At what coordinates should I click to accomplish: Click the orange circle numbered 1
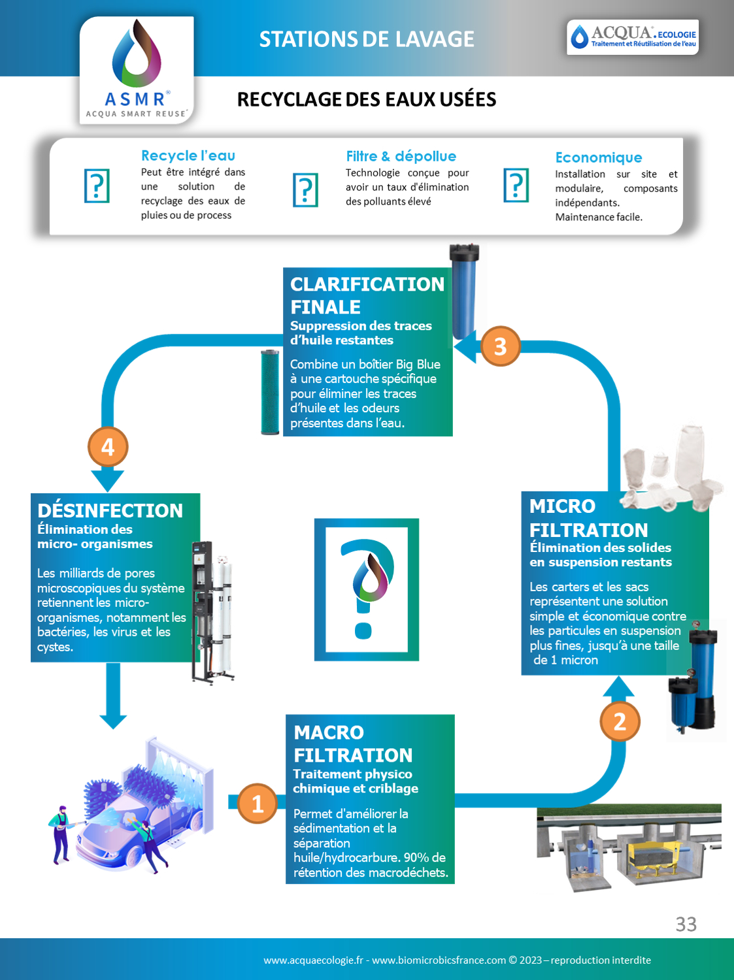[x=258, y=804]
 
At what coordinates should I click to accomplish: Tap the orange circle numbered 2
[x=620, y=721]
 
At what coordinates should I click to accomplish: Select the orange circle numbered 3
[x=500, y=346]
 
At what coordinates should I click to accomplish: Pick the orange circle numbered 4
[x=108, y=447]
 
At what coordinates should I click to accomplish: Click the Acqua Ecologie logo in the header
[x=633, y=37]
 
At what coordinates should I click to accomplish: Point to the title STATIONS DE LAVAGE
[x=367, y=39]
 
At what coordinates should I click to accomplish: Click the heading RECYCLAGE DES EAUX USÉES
[x=367, y=99]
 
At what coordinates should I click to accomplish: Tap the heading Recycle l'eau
[x=188, y=155]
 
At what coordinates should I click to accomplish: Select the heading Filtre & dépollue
[x=401, y=156]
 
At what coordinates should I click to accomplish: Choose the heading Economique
[x=599, y=157]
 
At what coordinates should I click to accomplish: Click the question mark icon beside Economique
[x=516, y=186]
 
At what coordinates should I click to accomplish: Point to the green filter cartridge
[x=270, y=392]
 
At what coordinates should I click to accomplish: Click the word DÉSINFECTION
[x=110, y=510]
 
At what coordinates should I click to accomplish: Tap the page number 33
[x=686, y=924]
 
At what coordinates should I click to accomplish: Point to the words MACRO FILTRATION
[x=352, y=743]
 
